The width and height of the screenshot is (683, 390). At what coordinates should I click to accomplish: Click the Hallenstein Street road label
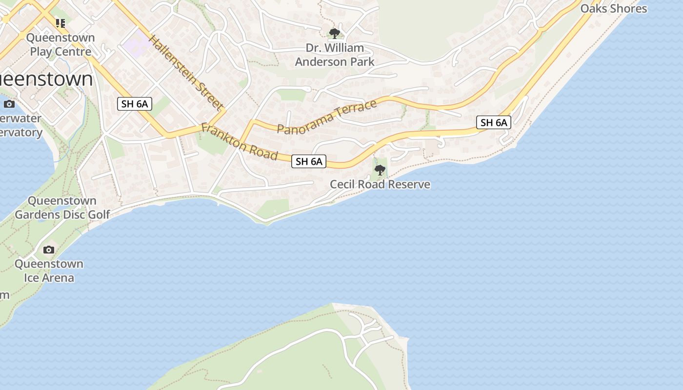(186, 73)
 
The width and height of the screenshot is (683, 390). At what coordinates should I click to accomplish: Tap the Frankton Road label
(240, 142)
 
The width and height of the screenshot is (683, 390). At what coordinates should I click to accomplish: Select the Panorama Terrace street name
(327, 117)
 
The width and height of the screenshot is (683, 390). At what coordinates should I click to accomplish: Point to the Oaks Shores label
(613, 9)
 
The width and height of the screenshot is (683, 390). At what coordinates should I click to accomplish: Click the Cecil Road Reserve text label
(380, 184)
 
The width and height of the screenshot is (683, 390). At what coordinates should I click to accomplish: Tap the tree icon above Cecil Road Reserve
(380, 170)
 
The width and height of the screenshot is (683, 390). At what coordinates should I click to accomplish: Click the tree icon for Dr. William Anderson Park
(334, 33)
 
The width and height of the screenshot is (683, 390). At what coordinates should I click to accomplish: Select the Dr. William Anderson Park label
(335, 55)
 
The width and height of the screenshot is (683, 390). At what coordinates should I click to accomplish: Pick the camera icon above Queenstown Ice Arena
(49, 250)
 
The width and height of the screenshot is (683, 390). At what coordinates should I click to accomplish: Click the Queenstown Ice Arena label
(49, 271)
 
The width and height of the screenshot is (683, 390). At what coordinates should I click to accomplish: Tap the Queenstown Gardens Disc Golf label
(62, 208)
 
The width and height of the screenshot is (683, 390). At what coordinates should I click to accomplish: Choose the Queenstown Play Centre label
(60, 44)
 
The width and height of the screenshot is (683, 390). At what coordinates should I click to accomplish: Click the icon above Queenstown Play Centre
(60, 23)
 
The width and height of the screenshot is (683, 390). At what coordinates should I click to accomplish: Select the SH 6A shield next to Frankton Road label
(308, 161)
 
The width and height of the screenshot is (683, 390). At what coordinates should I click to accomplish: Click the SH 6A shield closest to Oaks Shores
(494, 122)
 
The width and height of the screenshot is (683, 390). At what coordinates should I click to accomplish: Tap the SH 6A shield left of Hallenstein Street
(135, 103)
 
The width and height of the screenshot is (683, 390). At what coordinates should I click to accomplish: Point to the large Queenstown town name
(46, 79)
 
